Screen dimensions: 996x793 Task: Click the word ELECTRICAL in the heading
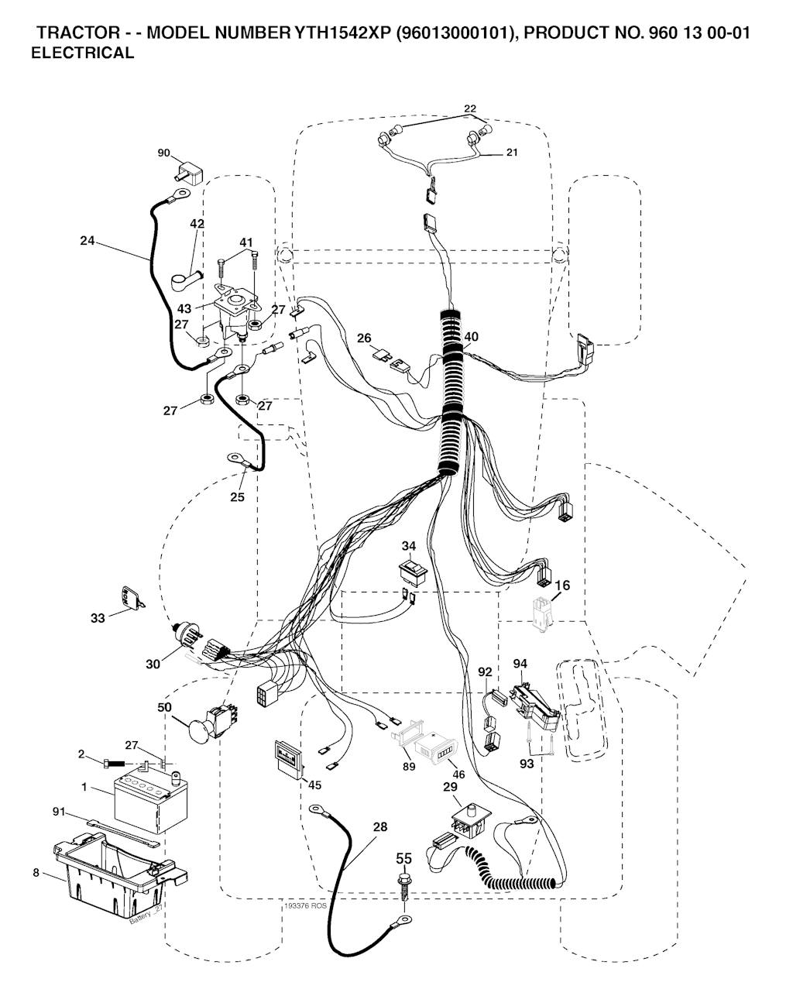click(82, 53)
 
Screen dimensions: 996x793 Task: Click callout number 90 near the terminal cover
click(163, 153)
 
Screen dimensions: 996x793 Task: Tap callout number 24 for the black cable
click(87, 241)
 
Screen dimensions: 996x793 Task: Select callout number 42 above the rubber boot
click(197, 224)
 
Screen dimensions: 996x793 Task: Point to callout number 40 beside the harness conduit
click(472, 337)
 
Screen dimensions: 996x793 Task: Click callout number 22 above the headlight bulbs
click(470, 108)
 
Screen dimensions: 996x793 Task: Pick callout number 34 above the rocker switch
click(409, 547)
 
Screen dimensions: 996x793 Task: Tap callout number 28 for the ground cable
click(379, 827)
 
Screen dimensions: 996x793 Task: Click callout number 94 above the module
click(520, 664)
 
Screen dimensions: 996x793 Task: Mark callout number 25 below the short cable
click(237, 496)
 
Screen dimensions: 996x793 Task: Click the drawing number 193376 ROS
click(305, 905)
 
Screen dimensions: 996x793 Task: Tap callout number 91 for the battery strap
click(58, 812)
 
